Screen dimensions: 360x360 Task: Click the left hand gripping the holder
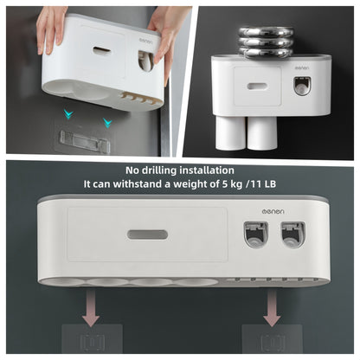tap(53, 27)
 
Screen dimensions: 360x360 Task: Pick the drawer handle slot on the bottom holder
tap(146, 235)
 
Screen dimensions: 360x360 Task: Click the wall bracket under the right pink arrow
tap(270, 339)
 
